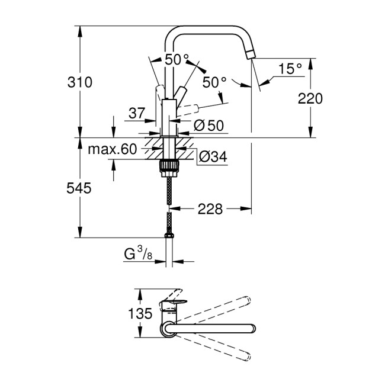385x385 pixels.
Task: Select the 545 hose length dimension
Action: pyautogui.click(x=79, y=189)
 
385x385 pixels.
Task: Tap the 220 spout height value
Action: pyautogui.click(x=310, y=98)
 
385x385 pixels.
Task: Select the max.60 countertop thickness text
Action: pyautogui.click(x=112, y=149)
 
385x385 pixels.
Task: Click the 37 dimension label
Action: pyautogui.click(x=137, y=113)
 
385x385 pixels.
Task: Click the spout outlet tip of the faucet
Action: pyautogui.click(x=251, y=56)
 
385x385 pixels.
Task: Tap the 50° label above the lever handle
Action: pyautogui.click(x=176, y=60)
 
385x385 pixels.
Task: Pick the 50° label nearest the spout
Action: pyautogui.click(x=214, y=82)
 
